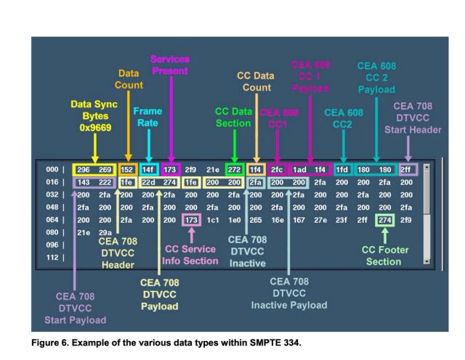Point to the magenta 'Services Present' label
click(169, 65)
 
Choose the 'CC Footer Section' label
click(386, 255)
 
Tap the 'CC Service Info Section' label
click(191, 255)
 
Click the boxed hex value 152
click(127, 170)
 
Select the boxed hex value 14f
click(148, 170)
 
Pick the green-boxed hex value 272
click(234, 170)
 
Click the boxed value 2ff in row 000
click(406, 170)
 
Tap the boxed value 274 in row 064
click(384, 218)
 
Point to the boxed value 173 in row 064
click(191, 218)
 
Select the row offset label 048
click(51, 207)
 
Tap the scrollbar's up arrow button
click(426, 168)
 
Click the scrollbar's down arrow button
click(426, 261)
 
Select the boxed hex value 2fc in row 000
click(277, 170)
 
